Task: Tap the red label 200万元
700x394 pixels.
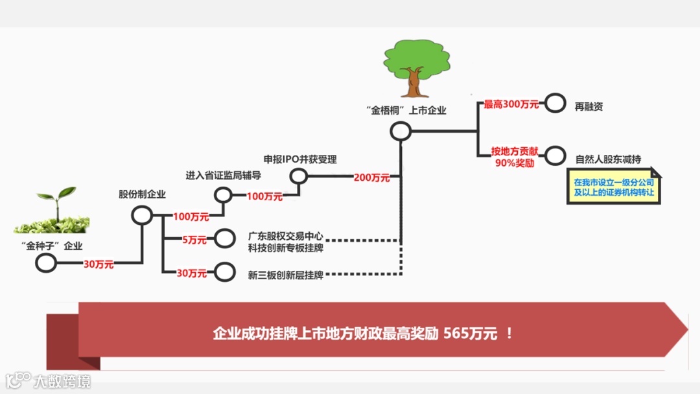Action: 372,178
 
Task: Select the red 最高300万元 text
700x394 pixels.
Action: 511,104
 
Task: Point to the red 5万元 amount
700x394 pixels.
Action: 194,240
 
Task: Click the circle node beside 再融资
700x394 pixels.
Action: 554,103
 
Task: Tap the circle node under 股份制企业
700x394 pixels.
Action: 142,215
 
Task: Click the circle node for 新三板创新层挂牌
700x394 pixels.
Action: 224,273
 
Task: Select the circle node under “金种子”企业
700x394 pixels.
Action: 46,263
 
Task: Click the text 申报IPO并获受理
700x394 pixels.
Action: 300,159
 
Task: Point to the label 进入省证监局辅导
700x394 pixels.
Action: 223,176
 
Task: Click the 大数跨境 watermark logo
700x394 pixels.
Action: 49,380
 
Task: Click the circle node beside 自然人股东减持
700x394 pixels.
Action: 554,156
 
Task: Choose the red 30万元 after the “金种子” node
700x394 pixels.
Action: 98,264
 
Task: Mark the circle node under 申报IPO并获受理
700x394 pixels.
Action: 298,176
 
